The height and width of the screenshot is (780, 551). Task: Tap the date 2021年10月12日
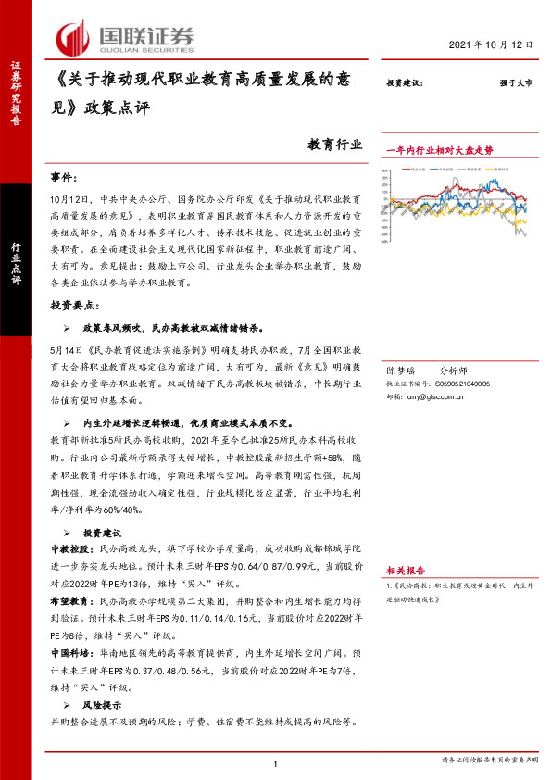point(494,44)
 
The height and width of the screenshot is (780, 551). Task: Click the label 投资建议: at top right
point(405,84)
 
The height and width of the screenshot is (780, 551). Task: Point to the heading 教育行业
point(334,145)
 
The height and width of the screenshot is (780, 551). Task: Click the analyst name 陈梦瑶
point(401,370)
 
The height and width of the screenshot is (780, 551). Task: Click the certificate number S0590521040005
point(457,383)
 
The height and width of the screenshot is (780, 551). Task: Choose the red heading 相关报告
point(406,571)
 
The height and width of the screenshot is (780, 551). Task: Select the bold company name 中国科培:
point(69,653)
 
